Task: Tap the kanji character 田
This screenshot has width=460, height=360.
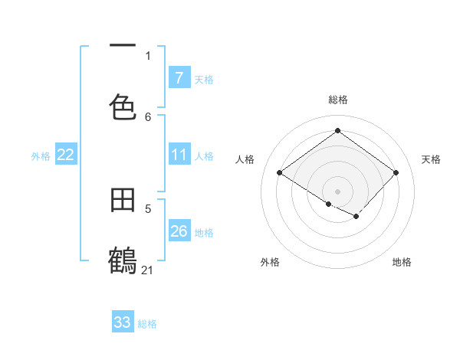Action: click(x=123, y=201)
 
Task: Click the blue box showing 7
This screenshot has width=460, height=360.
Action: click(x=179, y=78)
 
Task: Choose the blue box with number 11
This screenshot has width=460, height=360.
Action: click(x=179, y=155)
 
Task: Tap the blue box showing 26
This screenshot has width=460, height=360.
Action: click(x=179, y=231)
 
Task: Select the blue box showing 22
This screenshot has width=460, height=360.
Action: click(x=66, y=155)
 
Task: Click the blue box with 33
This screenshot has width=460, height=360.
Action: click(x=123, y=322)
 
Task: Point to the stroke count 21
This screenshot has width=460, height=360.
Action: click(x=148, y=270)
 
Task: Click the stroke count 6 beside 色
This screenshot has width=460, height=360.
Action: click(x=148, y=116)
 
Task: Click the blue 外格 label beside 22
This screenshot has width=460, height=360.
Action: click(x=41, y=156)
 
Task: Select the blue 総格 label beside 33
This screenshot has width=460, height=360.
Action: click(x=147, y=324)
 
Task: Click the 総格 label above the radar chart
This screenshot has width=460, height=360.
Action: click(x=337, y=100)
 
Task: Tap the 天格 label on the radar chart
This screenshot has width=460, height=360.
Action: click(x=431, y=159)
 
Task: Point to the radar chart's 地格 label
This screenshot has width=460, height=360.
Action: click(x=402, y=262)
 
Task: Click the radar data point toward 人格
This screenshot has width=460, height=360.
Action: click(x=280, y=173)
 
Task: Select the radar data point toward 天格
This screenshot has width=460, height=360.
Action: click(x=396, y=172)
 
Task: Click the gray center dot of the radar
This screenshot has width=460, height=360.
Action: click(x=337, y=191)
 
